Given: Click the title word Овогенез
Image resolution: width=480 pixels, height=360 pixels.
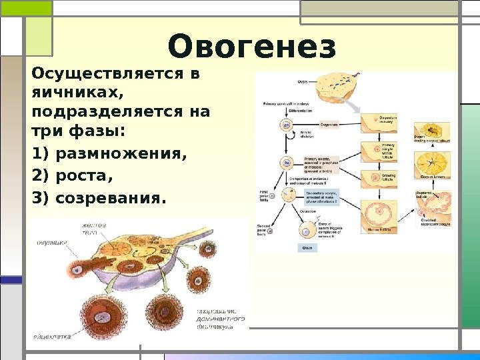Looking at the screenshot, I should coord(252,47).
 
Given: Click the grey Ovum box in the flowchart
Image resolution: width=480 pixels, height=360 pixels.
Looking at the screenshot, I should coord(307,247).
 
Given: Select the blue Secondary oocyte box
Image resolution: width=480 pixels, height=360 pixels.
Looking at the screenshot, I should coord(322,198).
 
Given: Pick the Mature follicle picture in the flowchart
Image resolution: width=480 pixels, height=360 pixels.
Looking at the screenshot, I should coord(380,217).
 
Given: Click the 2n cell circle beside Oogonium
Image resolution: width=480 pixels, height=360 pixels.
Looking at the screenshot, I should coord(287,125).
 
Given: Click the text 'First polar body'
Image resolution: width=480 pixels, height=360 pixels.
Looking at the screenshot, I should coord(265,196).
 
